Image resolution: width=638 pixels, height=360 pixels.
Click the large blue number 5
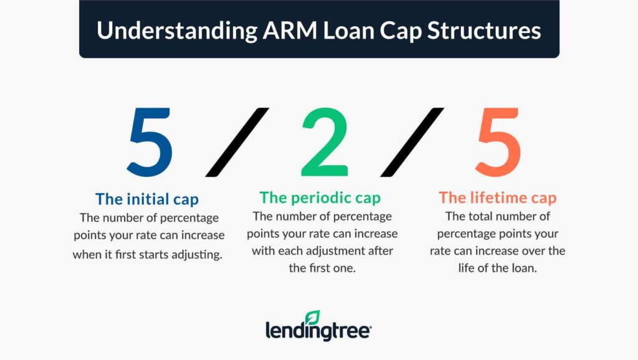150,141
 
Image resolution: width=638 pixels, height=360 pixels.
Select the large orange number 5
498,141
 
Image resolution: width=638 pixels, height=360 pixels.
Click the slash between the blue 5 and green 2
237,141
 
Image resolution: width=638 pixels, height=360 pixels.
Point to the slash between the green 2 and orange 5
412,141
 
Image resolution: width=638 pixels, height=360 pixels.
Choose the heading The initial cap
147,199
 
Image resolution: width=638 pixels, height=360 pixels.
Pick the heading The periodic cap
320,198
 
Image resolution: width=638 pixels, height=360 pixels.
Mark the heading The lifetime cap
497,198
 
